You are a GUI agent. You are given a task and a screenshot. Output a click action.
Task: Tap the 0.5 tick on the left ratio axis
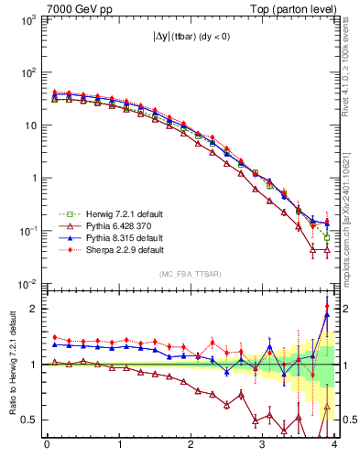coord(27,420)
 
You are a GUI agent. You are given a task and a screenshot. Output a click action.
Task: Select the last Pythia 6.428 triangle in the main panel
coord(327,249)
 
